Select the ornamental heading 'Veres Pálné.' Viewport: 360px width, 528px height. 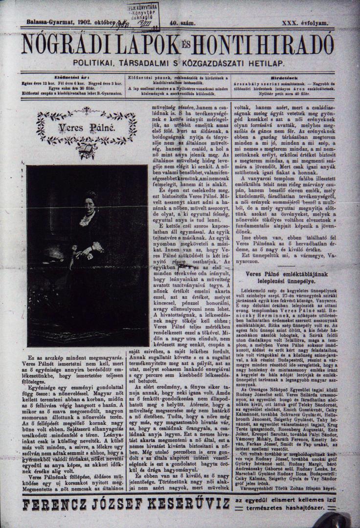tap(86, 129)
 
